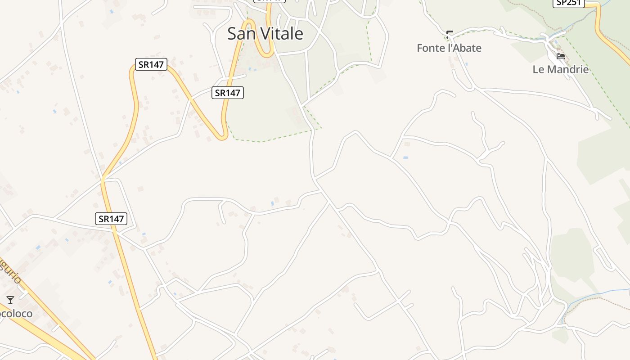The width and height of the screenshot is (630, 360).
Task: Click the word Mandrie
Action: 568,69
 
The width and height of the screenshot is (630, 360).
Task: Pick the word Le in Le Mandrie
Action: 539,69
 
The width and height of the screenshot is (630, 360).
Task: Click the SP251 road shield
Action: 568,3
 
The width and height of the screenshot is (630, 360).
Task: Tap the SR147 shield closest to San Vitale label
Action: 227,93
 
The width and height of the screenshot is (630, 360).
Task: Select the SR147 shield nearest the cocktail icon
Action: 111,219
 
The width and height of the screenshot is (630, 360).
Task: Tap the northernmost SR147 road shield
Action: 151,64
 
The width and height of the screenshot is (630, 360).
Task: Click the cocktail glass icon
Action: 10,300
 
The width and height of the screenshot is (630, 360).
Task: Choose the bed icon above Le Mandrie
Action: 561,56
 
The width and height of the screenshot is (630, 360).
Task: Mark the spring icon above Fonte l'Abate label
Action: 449,34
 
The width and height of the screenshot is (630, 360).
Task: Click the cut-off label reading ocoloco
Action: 17,313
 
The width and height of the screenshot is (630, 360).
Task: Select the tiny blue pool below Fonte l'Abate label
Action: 466,64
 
